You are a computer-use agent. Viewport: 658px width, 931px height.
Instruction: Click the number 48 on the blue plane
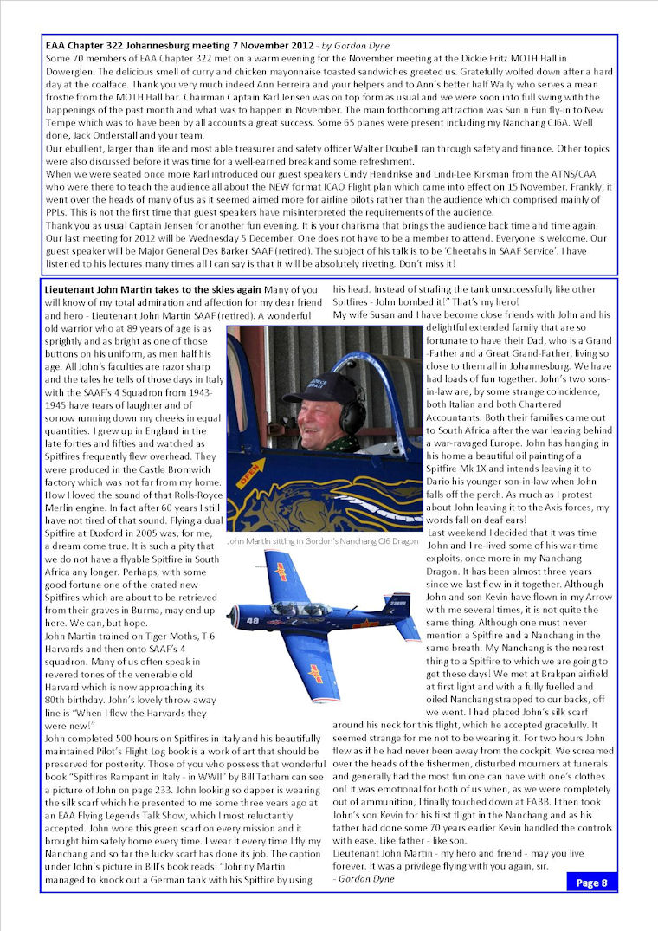click(x=252, y=621)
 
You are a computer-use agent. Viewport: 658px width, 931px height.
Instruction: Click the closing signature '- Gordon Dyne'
click(x=364, y=878)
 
